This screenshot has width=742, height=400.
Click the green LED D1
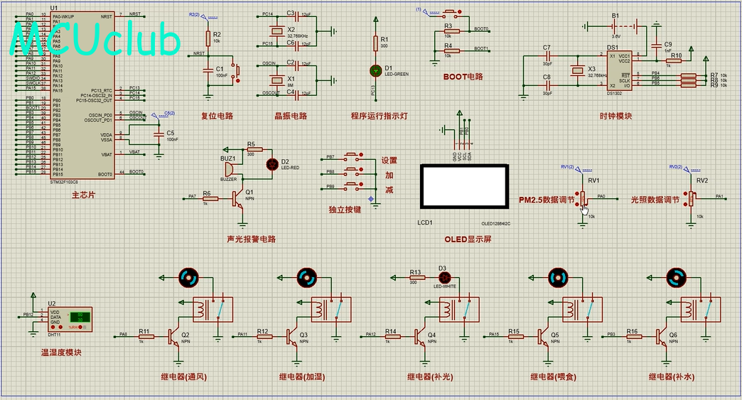376,70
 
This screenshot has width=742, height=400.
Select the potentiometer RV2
690,198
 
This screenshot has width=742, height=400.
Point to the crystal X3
577,72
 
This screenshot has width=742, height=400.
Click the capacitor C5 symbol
158,133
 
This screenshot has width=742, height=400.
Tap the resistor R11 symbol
145,335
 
